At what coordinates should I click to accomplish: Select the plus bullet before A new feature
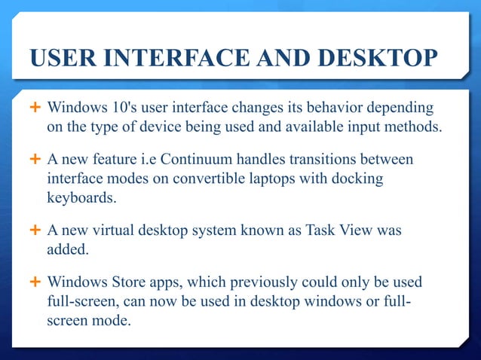point(35,160)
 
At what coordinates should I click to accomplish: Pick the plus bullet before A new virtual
point(35,232)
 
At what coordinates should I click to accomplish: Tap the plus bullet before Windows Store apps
point(35,283)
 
